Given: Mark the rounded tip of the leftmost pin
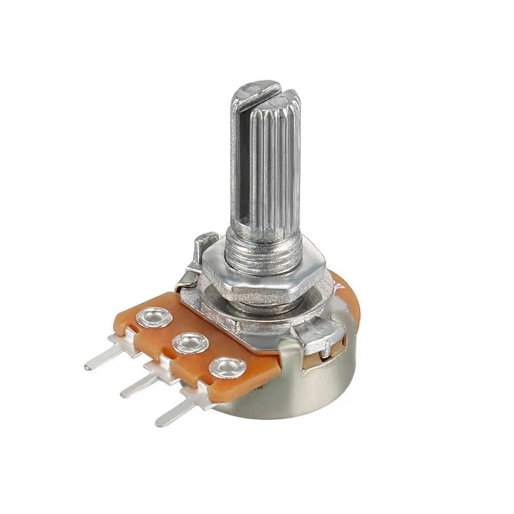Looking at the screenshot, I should tap(88, 367).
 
